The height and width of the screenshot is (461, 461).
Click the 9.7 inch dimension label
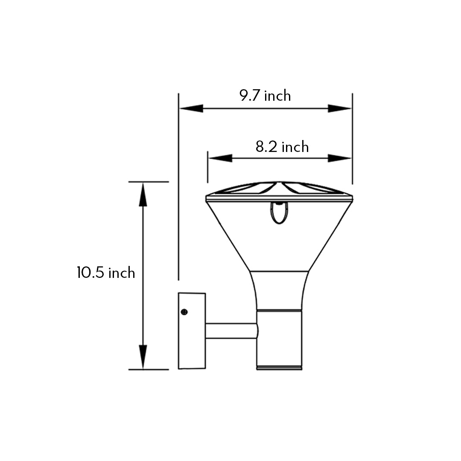click(265, 96)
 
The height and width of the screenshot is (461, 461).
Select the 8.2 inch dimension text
click(282, 147)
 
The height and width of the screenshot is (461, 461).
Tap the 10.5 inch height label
click(106, 273)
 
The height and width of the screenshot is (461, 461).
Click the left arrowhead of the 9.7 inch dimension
click(191, 108)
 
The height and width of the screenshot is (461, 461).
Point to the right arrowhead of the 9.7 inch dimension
click(339, 108)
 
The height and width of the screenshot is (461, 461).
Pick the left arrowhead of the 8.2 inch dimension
click(220, 158)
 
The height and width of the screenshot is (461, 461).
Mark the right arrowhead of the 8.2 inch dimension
click(339, 158)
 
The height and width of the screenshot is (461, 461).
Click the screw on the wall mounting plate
click(184, 312)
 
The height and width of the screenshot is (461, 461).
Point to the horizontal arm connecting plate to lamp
click(231, 331)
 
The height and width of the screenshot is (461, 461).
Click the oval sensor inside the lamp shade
click(279, 213)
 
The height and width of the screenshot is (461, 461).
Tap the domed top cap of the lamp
click(279, 188)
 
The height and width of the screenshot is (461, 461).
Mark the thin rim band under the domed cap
click(279, 198)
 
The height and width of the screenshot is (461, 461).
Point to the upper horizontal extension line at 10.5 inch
click(149, 182)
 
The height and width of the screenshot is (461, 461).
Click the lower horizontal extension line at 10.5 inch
click(149, 369)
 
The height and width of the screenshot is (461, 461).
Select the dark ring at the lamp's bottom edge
click(279, 367)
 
